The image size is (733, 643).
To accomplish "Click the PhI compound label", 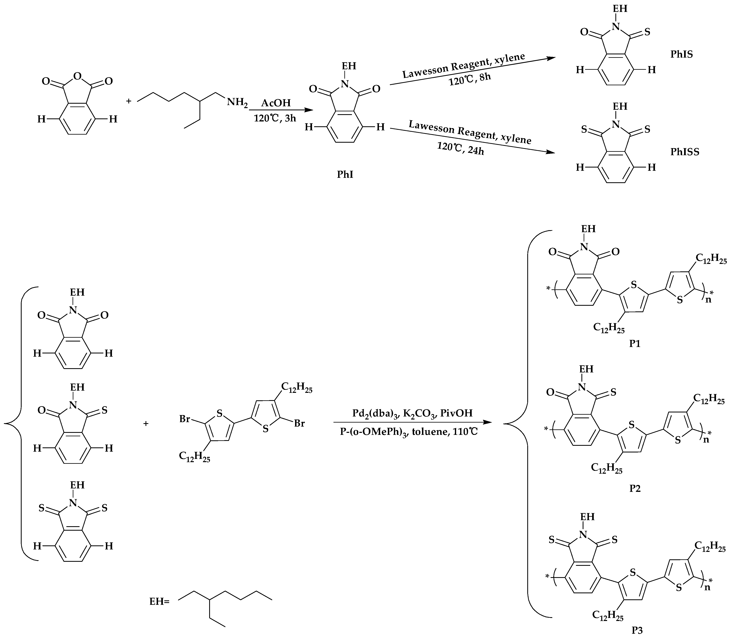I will [x=345, y=174].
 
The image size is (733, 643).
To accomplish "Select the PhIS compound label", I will [x=681, y=55].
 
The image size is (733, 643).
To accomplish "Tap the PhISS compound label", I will [x=684, y=152].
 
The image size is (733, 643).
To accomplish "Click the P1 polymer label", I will [x=635, y=344].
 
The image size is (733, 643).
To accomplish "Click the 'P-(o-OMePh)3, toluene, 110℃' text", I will [x=409, y=432].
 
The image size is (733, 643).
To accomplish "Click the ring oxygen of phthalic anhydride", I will [x=77, y=76].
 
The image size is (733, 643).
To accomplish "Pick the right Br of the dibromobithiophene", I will [x=300, y=424].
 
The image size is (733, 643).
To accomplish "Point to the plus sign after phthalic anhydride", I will [x=129, y=101].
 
